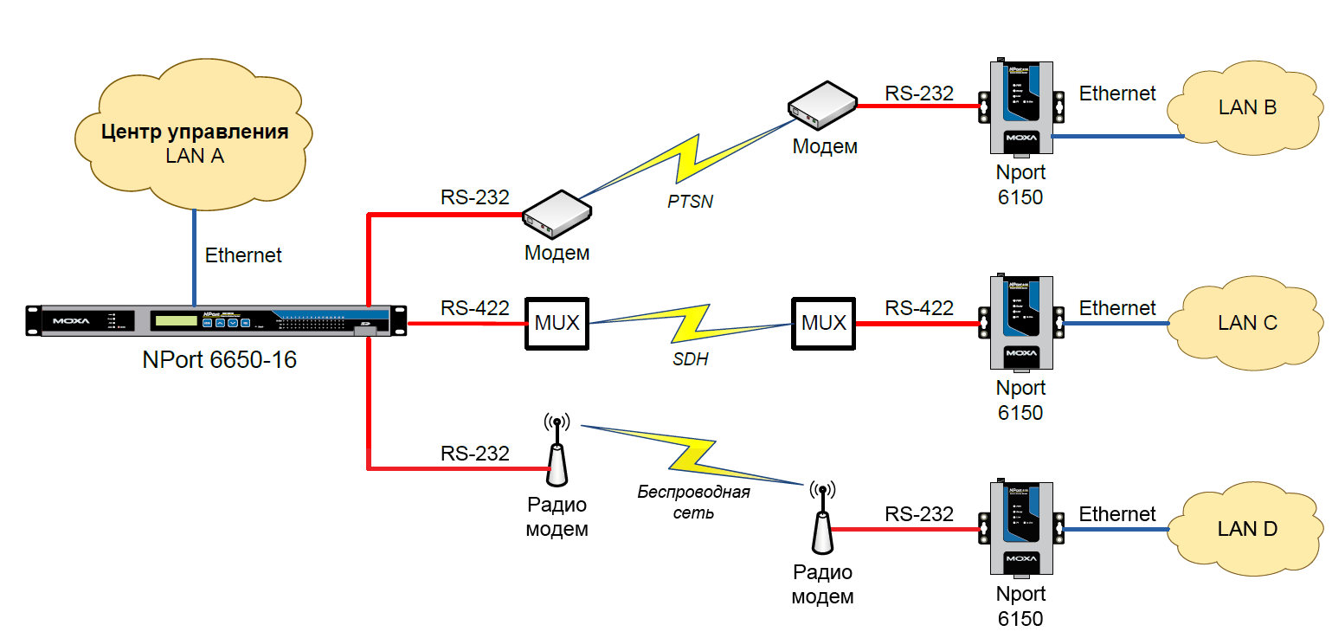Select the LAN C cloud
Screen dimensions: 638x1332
1246,323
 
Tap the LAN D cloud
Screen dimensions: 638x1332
1246,529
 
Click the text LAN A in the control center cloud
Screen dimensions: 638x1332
194,156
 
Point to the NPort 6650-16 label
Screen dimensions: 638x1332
219,359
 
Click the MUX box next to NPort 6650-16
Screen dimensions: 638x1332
556,323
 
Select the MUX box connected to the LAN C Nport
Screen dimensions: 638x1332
822,323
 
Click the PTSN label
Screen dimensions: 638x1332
690,203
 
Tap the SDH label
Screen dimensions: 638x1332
690,358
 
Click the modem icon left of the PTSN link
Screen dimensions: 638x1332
557,215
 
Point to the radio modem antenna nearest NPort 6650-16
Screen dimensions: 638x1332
557,450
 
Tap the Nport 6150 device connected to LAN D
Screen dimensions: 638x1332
1020,527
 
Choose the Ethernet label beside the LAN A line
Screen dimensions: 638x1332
243,255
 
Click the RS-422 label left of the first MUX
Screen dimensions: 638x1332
474,307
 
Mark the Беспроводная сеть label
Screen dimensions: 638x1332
693,502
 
